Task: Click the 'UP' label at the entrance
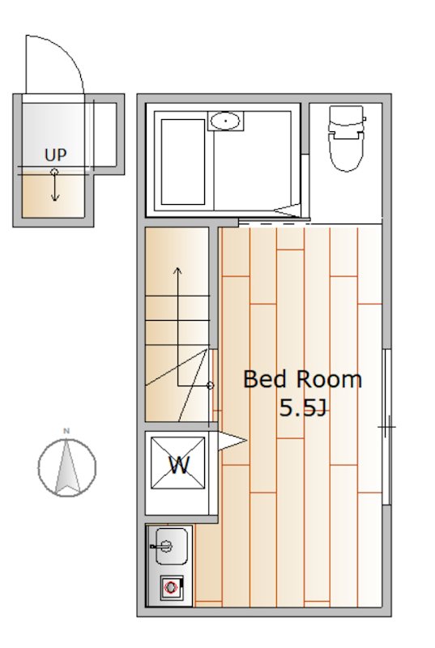coord(56,154)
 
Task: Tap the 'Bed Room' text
coord(302,379)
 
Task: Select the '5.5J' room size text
coord(301,408)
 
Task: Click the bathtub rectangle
coord(182,161)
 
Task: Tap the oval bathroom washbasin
coord(224,122)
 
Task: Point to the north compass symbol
coord(67,467)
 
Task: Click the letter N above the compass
coord(67,430)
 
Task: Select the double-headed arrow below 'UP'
coord(54,185)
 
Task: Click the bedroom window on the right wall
coord(387,426)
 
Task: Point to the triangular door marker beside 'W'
coord(232,441)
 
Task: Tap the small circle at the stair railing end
coord(211,386)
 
